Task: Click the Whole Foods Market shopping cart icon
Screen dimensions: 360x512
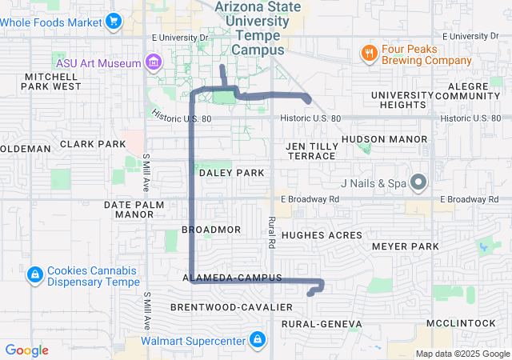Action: (114, 21)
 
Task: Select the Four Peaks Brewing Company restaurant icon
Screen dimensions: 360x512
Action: (369, 54)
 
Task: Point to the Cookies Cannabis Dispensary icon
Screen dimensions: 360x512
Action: (34, 276)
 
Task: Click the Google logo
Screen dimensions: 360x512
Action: (27, 350)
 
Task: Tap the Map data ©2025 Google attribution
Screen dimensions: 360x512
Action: (462, 354)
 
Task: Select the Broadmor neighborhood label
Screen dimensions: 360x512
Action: (211, 230)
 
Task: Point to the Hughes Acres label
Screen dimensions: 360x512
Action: (322, 235)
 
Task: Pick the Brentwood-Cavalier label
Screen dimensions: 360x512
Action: (221, 307)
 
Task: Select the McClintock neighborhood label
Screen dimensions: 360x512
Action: (461, 322)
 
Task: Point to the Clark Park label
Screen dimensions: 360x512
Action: (93, 145)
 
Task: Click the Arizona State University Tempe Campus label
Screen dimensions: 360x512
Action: (258, 29)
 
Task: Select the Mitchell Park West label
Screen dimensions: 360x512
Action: (52, 81)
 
